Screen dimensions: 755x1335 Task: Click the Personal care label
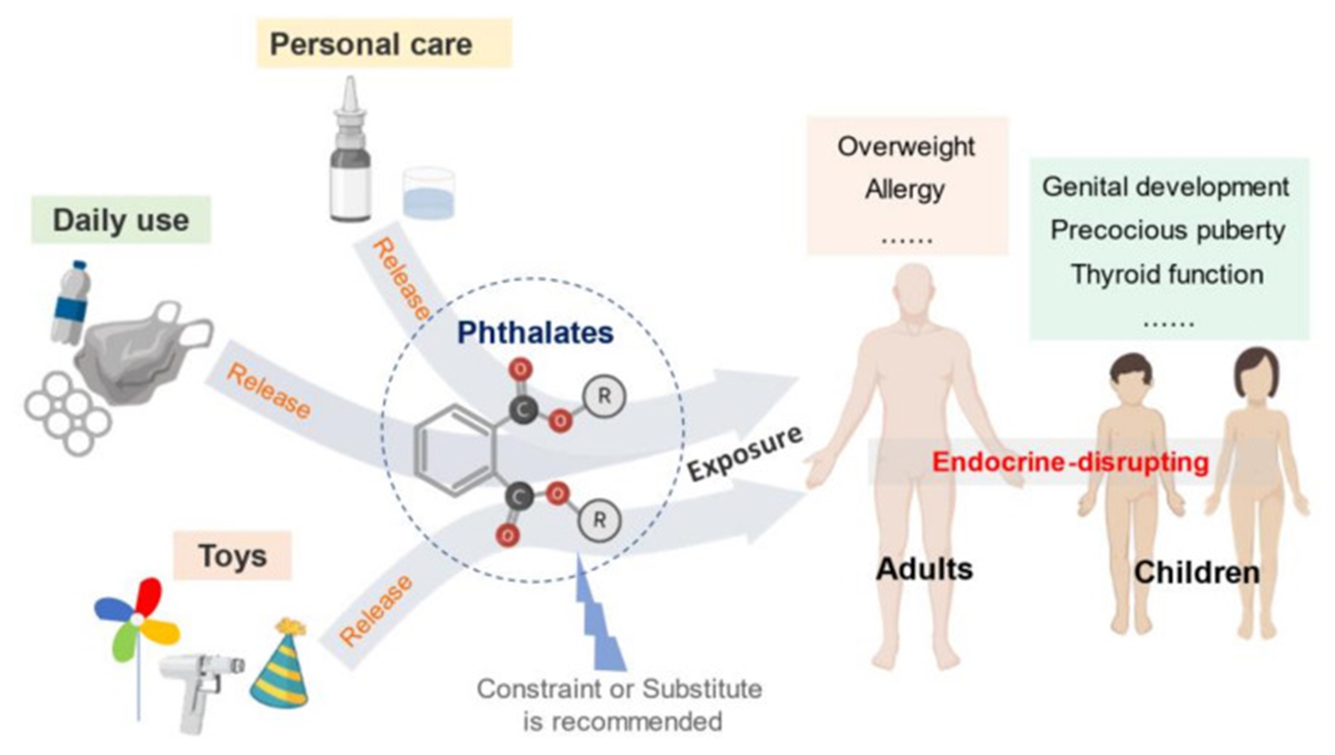371,44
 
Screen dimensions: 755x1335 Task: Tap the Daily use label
121,220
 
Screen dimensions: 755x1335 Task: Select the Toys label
232,556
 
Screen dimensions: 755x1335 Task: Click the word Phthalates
535,332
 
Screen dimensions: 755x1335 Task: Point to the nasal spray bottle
350,155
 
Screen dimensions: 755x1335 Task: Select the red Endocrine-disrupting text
1070,462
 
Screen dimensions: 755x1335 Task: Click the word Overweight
906,147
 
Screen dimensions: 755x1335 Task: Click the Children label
1197,573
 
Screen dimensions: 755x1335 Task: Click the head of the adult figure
914,291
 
